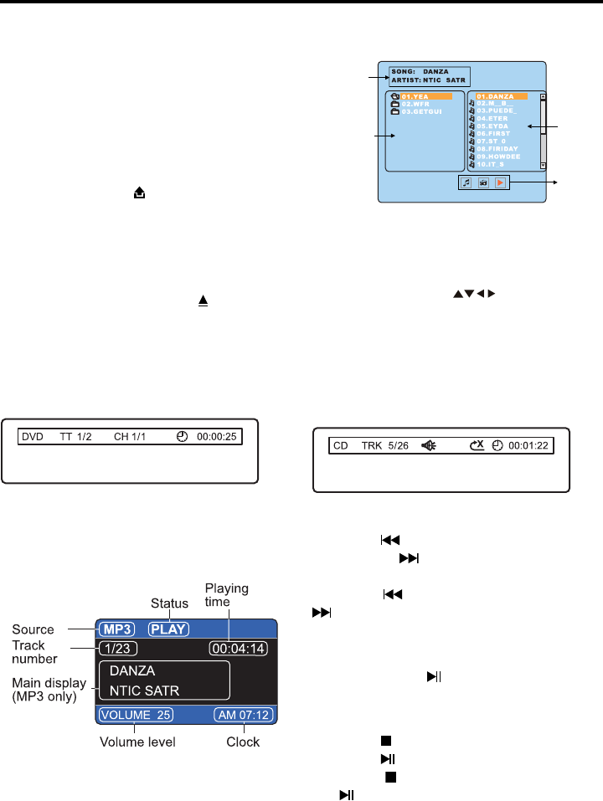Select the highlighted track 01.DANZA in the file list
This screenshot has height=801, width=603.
pos(501,96)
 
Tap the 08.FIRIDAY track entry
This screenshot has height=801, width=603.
pos(498,149)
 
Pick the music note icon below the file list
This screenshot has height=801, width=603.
pos(467,182)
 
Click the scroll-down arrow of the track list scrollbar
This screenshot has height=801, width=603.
pos(543,167)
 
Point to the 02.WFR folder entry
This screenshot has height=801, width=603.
pos(416,104)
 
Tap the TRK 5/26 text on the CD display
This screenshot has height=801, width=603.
pos(383,445)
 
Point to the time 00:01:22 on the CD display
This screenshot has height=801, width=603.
pos(528,445)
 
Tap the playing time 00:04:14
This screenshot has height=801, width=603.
pos(239,648)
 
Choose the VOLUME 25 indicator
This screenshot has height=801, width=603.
pos(136,715)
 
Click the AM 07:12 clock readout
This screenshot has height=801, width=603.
pos(244,715)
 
